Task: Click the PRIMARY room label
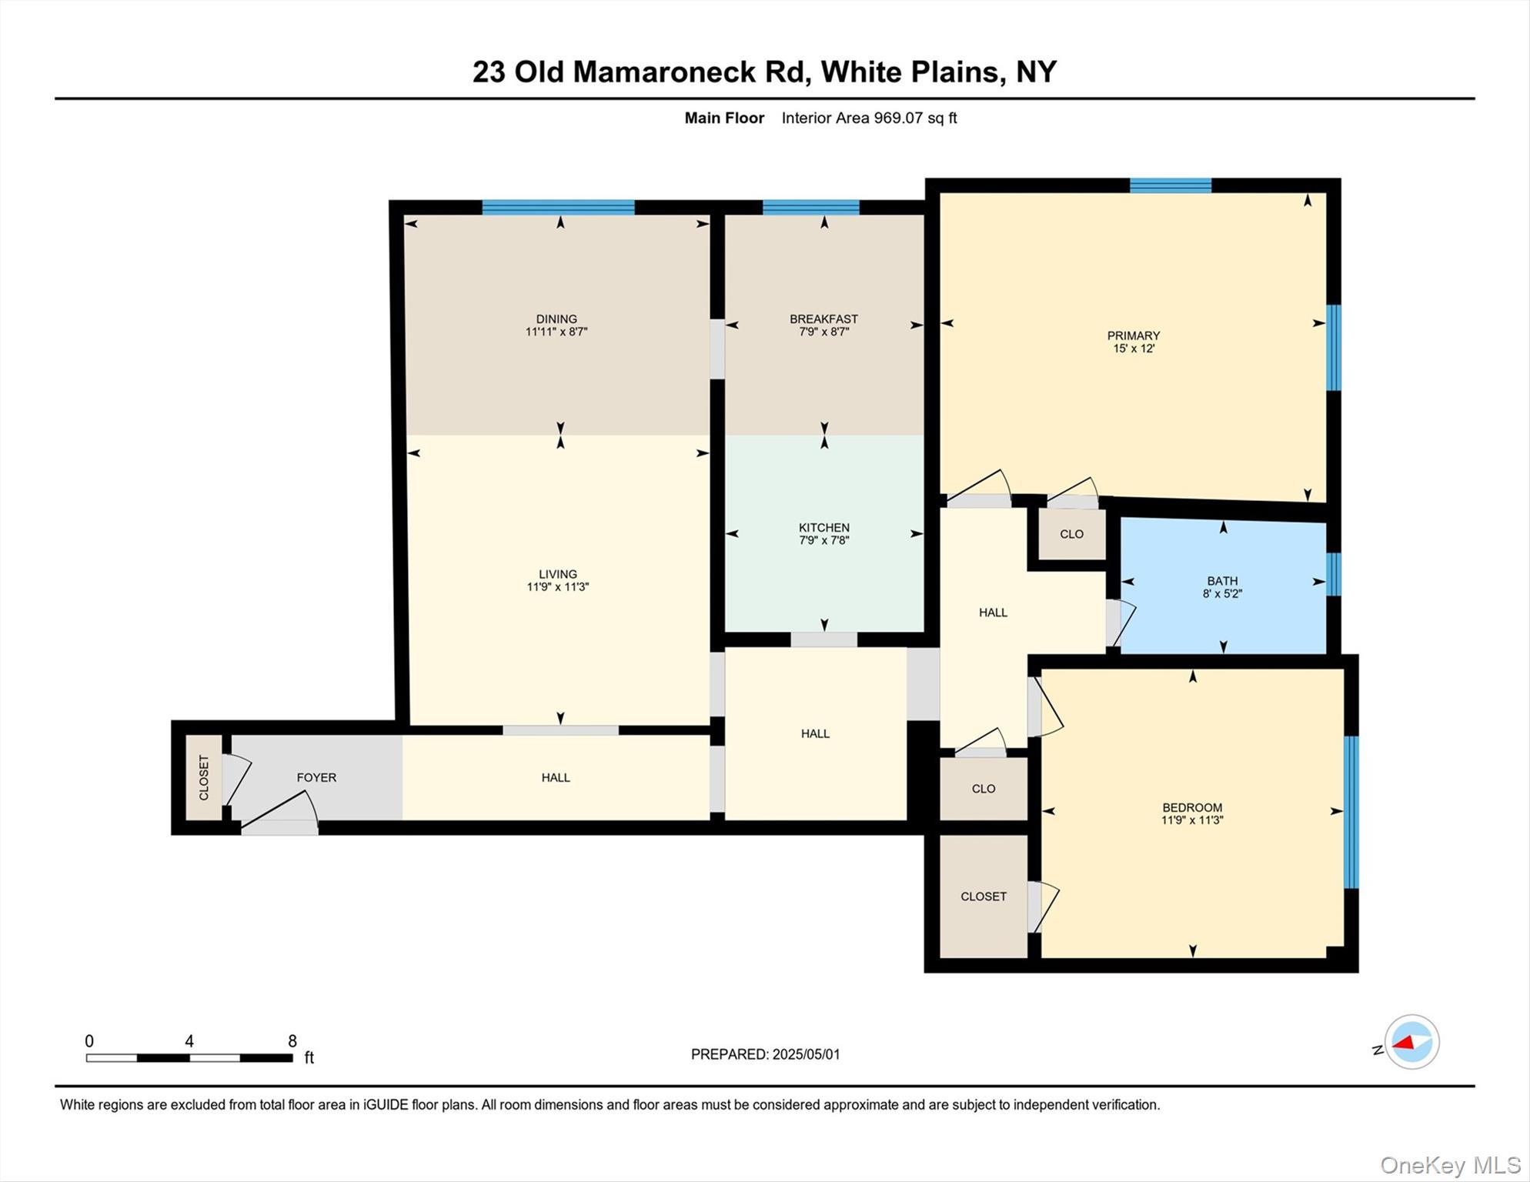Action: pyautogui.click(x=1133, y=336)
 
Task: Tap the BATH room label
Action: pyautogui.click(x=1222, y=581)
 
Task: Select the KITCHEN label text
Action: pyautogui.click(x=823, y=527)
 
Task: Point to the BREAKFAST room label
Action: pyautogui.click(x=823, y=319)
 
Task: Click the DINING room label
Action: pyautogui.click(x=556, y=319)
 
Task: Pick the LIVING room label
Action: pyautogui.click(x=557, y=574)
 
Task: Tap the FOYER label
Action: pyautogui.click(x=316, y=777)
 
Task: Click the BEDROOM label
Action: pyautogui.click(x=1192, y=807)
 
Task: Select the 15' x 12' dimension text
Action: pyautogui.click(x=1134, y=349)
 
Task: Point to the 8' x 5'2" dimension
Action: pyautogui.click(x=1222, y=594)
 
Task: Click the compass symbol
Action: pyautogui.click(x=1411, y=1043)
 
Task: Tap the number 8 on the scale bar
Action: pyautogui.click(x=292, y=1041)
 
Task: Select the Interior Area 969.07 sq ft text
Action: pyautogui.click(x=869, y=118)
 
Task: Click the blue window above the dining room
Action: pyautogui.click(x=558, y=207)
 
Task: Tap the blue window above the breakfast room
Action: pyautogui.click(x=810, y=207)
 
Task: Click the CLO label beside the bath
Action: pyautogui.click(x=1071, y=534)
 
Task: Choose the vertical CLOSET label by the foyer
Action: pyautogui.click(x=204, y=777)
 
